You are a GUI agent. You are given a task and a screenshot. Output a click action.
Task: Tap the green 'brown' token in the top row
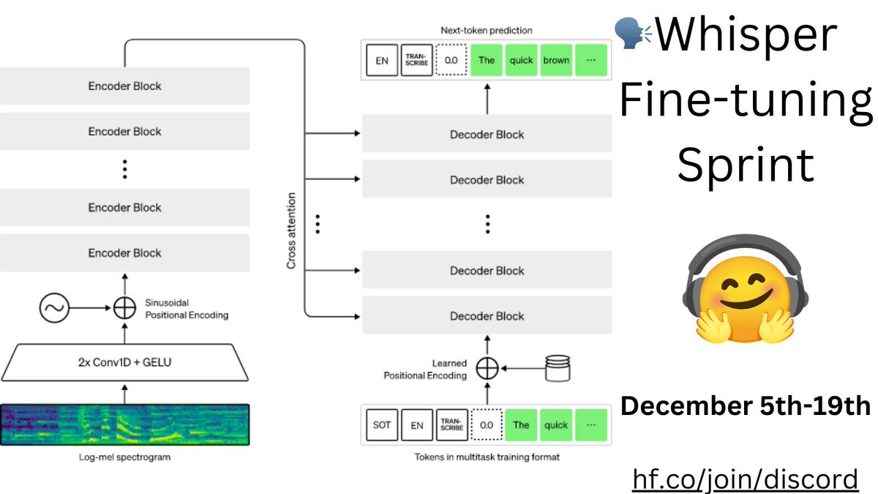click(556, 61)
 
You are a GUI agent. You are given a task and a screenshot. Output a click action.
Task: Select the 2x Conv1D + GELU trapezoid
click(124, 362)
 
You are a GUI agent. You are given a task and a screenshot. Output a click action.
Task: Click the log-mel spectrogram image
click(124, 424)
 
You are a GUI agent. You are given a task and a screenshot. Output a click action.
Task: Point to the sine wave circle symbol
click(53, 308)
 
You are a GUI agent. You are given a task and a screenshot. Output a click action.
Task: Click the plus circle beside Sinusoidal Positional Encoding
click(125, 308)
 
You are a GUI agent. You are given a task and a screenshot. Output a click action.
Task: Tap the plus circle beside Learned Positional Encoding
click(487, 369)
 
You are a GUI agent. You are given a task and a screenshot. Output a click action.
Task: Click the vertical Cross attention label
click(291, 231)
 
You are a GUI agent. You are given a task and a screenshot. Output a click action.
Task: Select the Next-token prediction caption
click(487, 31)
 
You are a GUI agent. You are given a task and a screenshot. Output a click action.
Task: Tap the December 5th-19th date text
click(746, 406)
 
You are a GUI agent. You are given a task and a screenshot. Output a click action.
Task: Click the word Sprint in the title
click(745, 165)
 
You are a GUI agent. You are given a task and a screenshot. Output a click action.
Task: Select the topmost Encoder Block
click(124, 86)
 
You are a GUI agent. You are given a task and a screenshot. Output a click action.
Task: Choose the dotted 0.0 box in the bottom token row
click(487, 424)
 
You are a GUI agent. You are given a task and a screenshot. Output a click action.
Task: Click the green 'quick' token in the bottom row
click(556, 424)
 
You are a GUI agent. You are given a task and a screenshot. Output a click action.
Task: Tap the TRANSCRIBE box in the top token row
click(416, 61)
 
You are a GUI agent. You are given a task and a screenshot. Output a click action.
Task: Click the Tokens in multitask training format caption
click(487, 457)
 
